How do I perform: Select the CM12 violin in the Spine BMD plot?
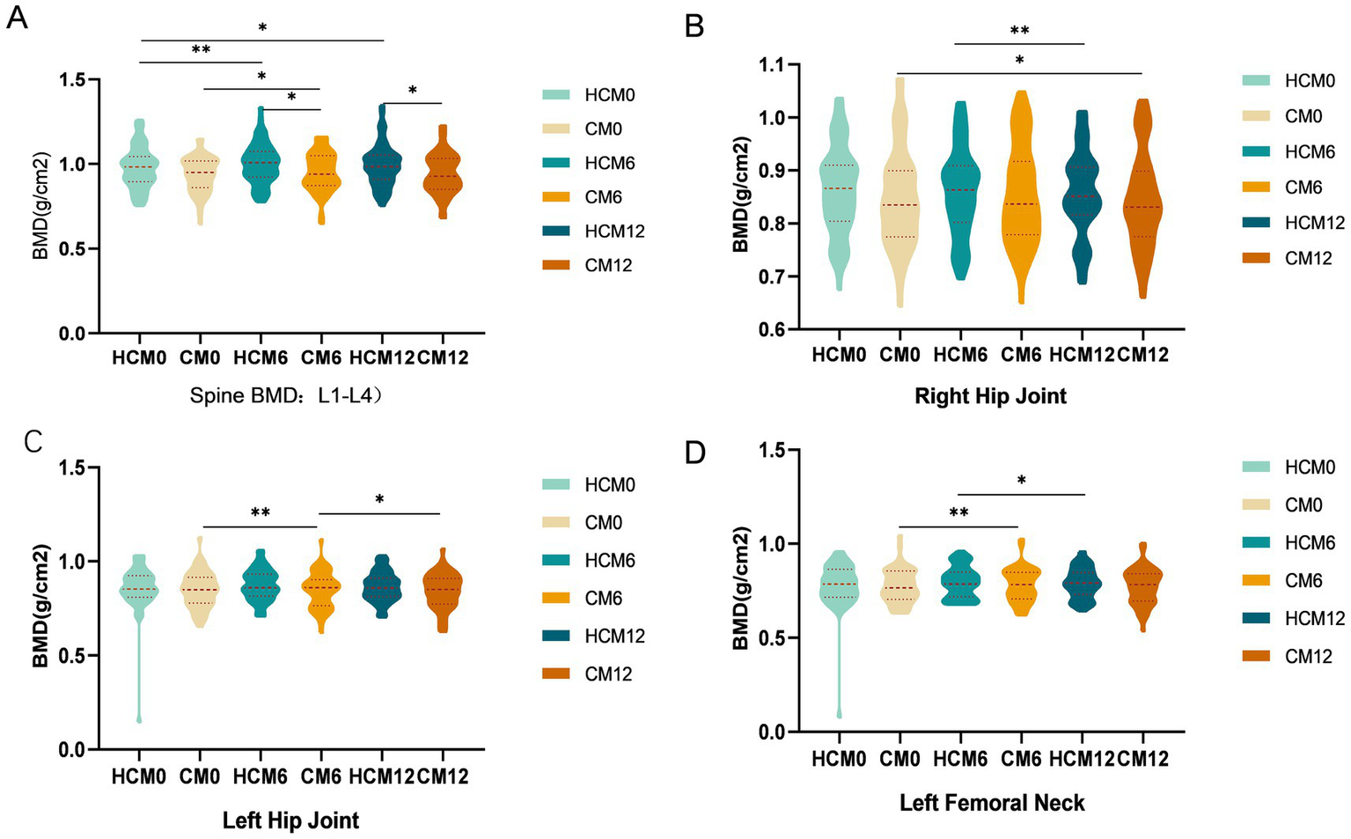(442, 176)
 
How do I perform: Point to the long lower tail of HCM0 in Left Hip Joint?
(139, 669)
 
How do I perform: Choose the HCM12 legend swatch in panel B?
(1256, 223)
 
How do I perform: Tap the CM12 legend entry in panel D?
(1308, 656)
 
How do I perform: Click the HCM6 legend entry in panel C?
(609, 560)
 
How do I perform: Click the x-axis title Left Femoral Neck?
(991, 803)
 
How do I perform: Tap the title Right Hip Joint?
(990, 396)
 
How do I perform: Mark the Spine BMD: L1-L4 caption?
(286, 396)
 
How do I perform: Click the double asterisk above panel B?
(1019, 31)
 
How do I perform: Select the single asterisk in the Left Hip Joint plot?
(379, 500)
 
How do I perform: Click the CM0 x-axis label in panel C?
(200, 776)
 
